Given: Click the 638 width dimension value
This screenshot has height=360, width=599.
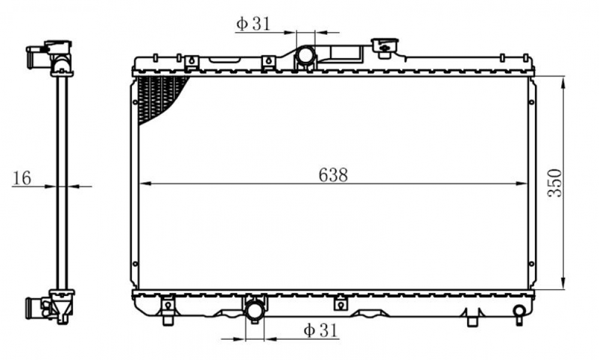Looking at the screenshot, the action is tap(333, 175).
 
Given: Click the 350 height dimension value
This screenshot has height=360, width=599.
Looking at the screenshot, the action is tap(555, 183).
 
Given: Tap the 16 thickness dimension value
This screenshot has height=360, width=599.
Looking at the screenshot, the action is tap(22, 178).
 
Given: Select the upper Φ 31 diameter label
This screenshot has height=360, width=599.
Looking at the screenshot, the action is tap(253, 24).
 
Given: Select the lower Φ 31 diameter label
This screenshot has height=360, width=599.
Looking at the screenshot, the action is tap(321, 330).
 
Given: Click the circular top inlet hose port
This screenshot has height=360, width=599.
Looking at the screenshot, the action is tap(305, 55).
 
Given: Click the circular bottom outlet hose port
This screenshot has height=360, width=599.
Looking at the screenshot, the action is tap(255, 310).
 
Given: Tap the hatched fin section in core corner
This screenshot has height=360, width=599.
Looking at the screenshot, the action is tap(159, 98).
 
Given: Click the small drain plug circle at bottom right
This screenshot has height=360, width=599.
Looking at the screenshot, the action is tap(519, 310).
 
